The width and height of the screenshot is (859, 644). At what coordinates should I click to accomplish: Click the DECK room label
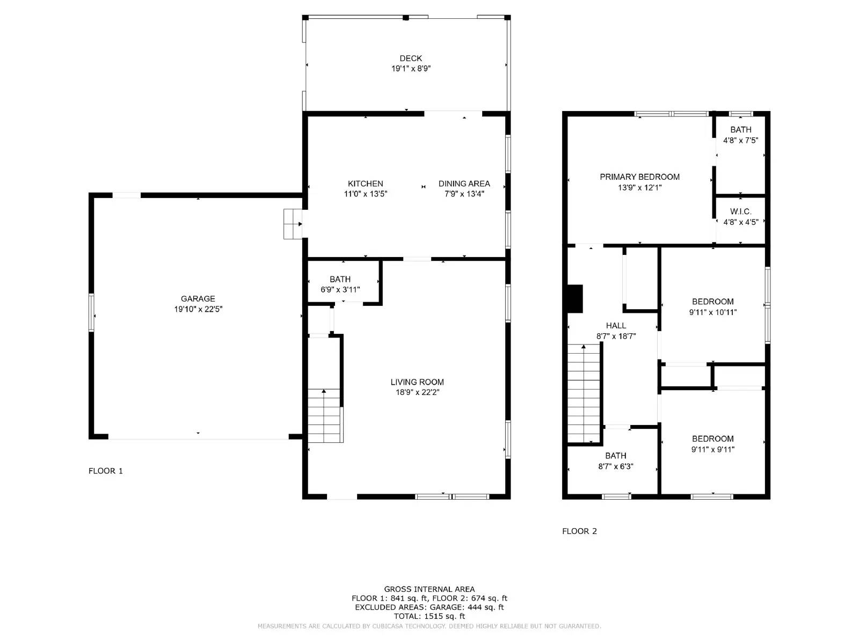[x=411, y=58]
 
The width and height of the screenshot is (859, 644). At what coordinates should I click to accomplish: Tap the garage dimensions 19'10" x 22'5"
[x=198, y=309]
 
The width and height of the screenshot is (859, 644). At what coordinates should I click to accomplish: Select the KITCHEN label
[x=365, y=184]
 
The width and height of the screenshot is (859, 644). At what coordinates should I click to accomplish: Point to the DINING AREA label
[x=464, y=184]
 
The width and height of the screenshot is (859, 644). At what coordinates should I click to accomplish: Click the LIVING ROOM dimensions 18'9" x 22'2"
[x=417, y=392]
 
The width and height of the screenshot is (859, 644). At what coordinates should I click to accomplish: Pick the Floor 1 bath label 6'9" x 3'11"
[x=340, y=289]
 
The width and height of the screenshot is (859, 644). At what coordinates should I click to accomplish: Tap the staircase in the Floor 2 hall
[x=584, y=394]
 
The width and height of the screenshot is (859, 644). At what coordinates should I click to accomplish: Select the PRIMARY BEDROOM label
[x=639, y=177]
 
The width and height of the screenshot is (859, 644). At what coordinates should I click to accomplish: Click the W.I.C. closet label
[x=740, y=212]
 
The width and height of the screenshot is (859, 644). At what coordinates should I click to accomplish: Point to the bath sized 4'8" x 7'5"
[x=740, y=135]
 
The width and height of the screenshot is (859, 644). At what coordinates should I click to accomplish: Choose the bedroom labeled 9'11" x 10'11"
[x=712, y=306]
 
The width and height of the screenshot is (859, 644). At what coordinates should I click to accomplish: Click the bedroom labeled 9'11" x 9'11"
[x=712, y=444]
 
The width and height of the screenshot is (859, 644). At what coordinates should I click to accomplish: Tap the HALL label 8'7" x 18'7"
[x=616, y=331]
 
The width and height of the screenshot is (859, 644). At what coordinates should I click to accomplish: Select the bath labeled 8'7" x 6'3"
[x=615, y=461]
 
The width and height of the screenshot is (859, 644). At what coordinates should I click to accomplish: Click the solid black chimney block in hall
[x=575, y=298]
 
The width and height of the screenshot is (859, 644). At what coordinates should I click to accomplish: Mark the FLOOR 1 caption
[x=106, y=471]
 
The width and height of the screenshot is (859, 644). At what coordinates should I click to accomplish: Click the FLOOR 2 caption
[x=579, y=531]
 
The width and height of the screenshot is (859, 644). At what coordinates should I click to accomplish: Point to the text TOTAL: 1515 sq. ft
[x=429, y=616]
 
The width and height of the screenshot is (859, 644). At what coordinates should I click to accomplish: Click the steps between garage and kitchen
[x=293, y=224]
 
